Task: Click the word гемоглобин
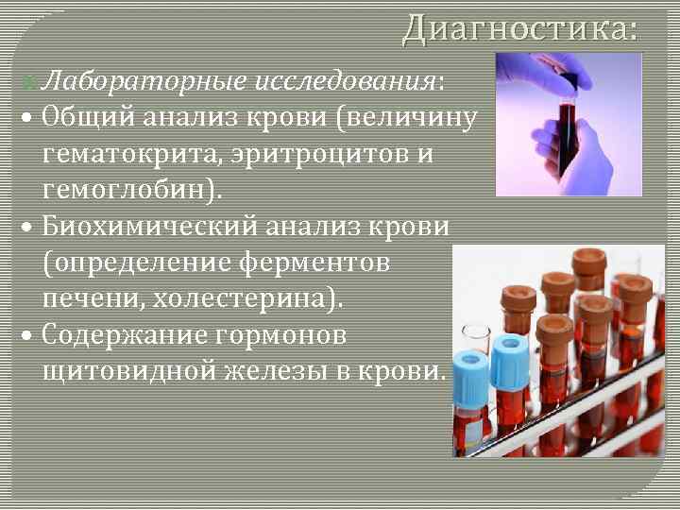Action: point(128,190)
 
